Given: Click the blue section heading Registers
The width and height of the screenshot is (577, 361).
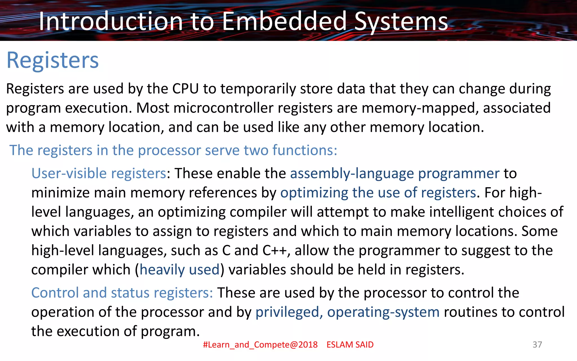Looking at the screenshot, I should coord(53,60).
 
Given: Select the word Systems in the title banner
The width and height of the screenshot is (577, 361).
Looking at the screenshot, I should coord(401,22).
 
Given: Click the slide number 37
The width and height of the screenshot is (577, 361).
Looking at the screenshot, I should coord(537,344).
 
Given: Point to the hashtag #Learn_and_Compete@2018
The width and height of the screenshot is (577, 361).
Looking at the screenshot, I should coord(260,345).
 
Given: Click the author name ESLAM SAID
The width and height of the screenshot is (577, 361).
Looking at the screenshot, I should coord(350,345).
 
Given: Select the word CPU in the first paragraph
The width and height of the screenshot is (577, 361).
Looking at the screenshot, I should coord(185,89).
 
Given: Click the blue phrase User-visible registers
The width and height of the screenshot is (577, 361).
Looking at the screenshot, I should coord(99,173).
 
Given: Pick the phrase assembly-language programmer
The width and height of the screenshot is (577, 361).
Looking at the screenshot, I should coord(395,173).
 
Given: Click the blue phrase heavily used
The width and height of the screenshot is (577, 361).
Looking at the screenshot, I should coord(179,270).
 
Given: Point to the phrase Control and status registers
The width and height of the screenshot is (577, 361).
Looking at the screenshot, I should coord(122,293).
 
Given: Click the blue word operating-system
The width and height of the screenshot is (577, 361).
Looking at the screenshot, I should coord(383,312).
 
